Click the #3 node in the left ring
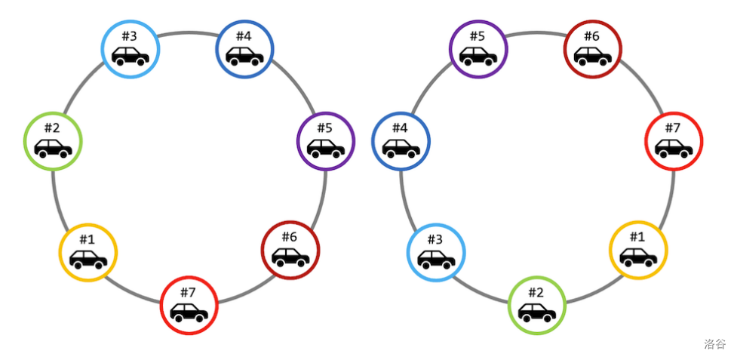coord(131,48)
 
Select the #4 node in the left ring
coord(244,49)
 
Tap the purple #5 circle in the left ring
coord(326,140)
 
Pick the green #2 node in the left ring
coord(52,140)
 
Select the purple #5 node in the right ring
coord(478,49)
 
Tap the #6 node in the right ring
coord(593,49)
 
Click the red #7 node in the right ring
coord(674,140)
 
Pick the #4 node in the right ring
coord(401,140)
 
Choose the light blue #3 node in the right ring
coord(436,252)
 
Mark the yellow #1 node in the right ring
coord(638,250)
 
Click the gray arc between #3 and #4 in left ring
coord(188,32)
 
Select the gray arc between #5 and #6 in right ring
coord(536,32)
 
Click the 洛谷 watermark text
coord(714,344)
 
